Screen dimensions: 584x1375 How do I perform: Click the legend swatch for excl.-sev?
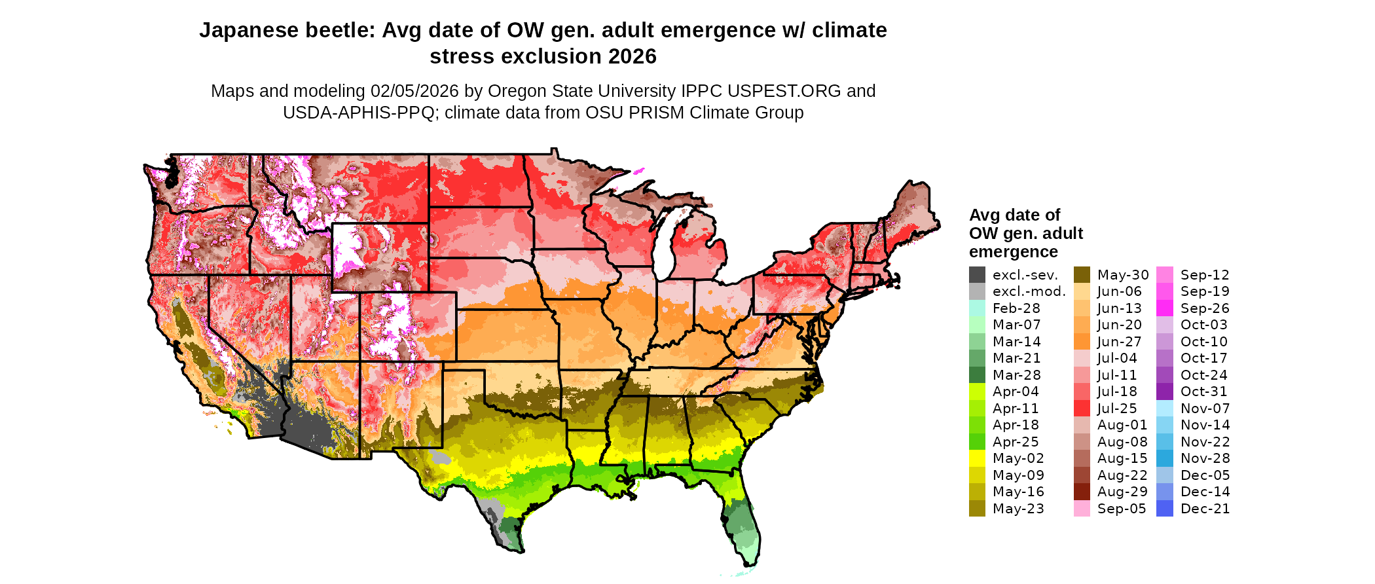coord(977,275)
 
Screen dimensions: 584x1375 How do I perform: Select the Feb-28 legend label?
coord(1016,308)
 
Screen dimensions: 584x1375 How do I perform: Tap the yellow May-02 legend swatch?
coord(977,458)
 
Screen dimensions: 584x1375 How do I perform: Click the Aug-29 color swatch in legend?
coord(1082,492)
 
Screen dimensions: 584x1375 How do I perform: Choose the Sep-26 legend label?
coord(1205,308)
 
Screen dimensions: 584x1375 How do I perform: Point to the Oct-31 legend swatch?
coord(1165,392)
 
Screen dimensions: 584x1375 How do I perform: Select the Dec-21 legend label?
coord(1205,509)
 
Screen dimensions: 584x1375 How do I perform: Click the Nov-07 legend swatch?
coord(1165,409)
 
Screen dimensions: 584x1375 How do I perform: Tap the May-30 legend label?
coord(1123,275)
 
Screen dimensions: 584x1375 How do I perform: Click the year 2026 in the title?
coord(632,57)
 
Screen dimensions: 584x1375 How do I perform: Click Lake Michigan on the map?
coord(665,246)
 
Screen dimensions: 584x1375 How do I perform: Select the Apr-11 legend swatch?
coord(977,409)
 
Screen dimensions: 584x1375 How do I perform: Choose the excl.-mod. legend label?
coord(1029,291)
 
